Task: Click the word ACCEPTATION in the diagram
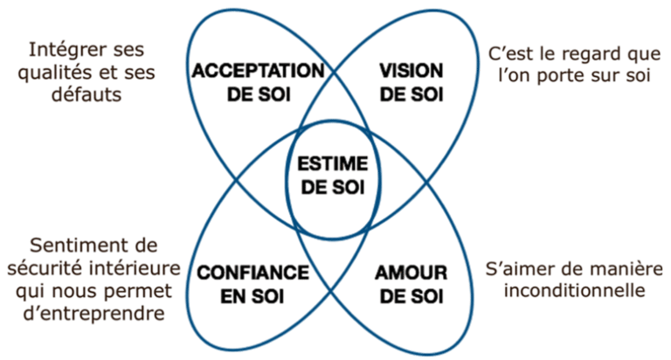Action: pos(258,71)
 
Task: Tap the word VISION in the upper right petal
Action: pos(412,71)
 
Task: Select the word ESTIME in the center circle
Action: pos(333,164)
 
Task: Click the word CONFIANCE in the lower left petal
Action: pos(252,273)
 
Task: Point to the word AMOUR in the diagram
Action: pos(412,273)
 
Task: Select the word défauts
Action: pos(86,94)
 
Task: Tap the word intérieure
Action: pos(135,268)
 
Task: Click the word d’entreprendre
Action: pos(93,314)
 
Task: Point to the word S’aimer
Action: pos(516,269)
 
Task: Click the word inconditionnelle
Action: pos(574,290)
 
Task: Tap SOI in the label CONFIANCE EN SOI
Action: pos(269,296)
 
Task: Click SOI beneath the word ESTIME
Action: pos(348,188)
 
